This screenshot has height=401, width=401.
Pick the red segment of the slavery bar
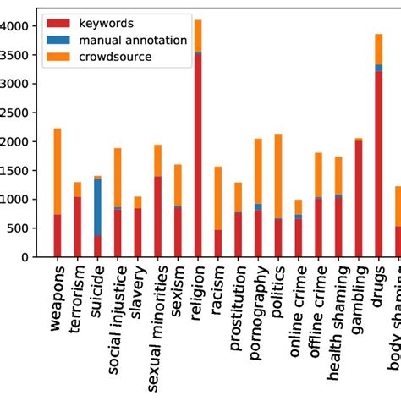(x=138, y=232)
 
